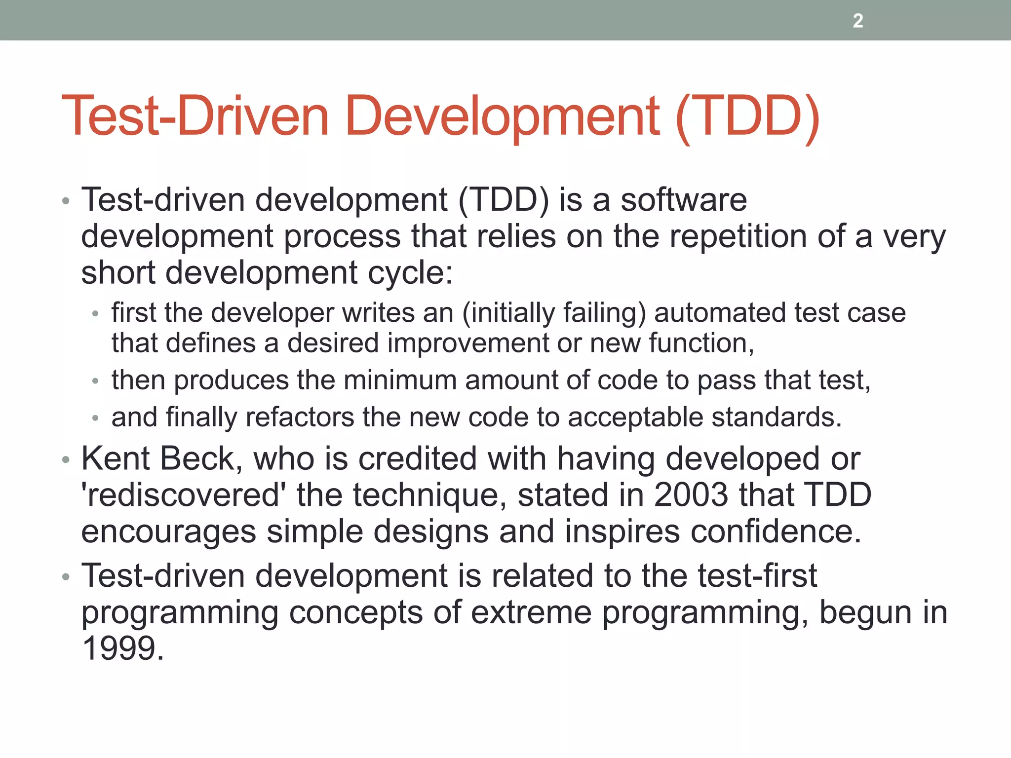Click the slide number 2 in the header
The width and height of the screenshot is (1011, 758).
tap(858, 21)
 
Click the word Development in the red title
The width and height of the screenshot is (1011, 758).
tap(502, 116)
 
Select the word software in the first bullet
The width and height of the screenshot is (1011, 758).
tap(683, 200)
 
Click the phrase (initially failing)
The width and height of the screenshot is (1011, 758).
tap(553, 313)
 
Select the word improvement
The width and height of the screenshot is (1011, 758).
tap(467, 343)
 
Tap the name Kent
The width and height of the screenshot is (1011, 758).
tap(116, 459)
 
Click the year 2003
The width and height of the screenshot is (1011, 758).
tap(690, 495)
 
